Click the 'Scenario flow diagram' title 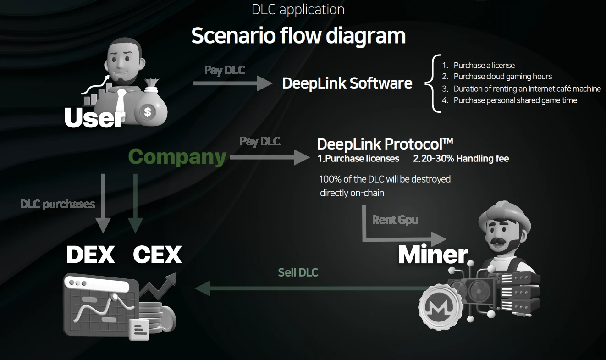(x=298, y=36)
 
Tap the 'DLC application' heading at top (x=298, y=9)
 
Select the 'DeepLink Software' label (x=347, y=83)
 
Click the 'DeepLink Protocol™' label (x=385, y=144)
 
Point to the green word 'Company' (x=177, y=157)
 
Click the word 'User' (x=94, y=118)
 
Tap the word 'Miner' (x=433, y=255)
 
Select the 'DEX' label (x=91, y=255)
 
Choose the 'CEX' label (x=157, y=255)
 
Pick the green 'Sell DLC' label (x=298, y=272)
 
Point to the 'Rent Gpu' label (x=395, y=220)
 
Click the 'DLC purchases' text (x=58, y=204)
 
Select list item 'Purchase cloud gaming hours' (x=502, y=77)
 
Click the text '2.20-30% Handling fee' (x=461, y=159)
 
